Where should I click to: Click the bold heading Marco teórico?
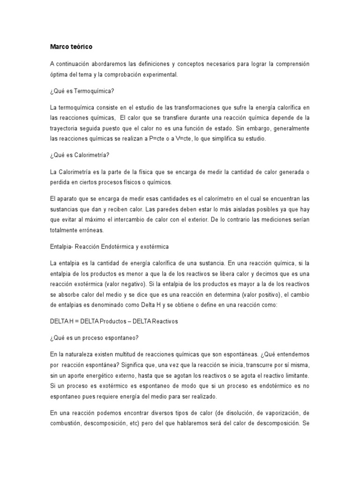pos(71,47)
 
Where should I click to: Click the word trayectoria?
pos(65,128)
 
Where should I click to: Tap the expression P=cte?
pos(144,139)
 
